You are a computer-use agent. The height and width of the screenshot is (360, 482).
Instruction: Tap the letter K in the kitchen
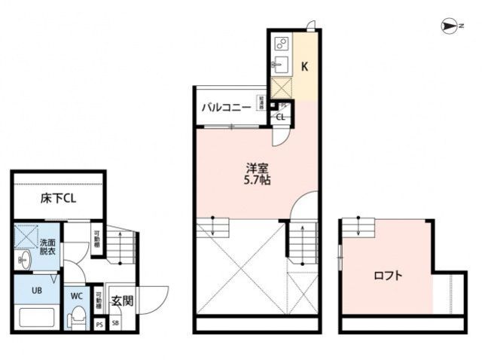[x=305, y=66]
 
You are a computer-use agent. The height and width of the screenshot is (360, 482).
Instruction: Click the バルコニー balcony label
[x=225, y=108]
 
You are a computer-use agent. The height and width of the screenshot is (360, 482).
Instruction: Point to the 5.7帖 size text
[x=257, y=181]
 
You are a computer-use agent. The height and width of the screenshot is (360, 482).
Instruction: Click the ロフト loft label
[x=388, y=276]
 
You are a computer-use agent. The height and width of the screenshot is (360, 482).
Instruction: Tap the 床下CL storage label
[x=57, y=199]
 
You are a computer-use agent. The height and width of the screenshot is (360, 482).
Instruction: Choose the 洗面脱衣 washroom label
[x=47, y=247]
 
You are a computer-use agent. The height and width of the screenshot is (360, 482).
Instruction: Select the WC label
[x=77, y=296]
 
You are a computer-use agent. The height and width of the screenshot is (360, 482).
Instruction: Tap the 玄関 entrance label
[x=122, y=301]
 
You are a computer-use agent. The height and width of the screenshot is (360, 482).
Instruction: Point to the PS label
[x=99, y=324]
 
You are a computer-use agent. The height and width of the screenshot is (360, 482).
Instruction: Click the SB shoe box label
[x=116, y=324]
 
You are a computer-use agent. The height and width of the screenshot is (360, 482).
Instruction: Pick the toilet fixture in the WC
[x=77, y=319]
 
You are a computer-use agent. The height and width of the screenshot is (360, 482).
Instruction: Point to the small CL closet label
[x=280, y=117]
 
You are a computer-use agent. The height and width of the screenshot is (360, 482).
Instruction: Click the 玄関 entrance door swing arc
[x=154, y=297]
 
